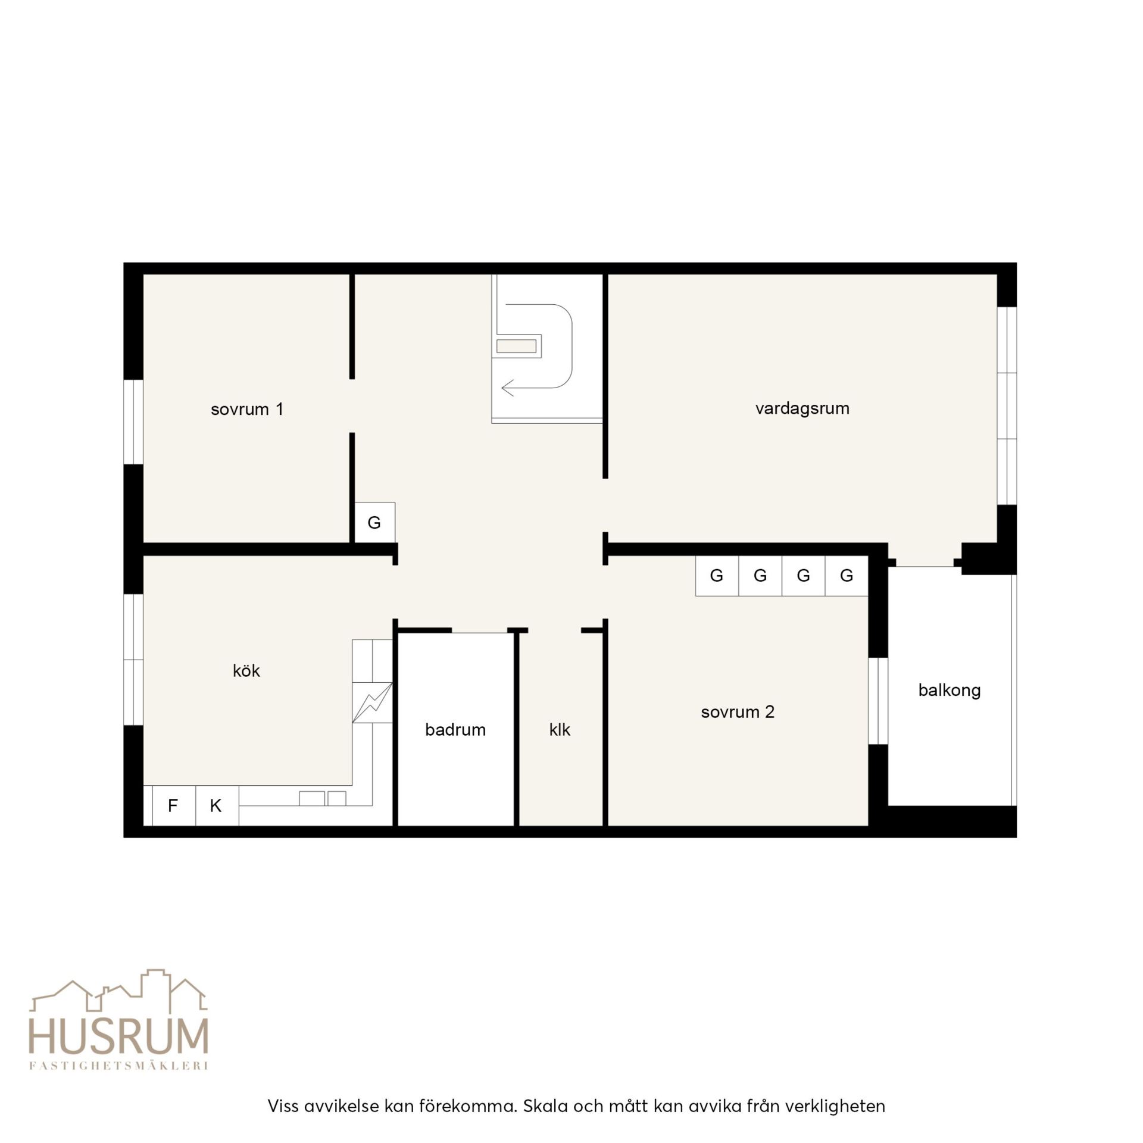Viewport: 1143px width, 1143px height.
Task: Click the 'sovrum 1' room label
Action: coord(247,409)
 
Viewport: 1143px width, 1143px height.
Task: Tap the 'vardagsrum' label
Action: coord(802,408)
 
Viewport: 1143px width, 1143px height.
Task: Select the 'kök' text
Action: coord(246,670)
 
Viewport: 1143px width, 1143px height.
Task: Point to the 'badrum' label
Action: coord(455,729)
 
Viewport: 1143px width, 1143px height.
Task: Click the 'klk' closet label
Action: coord(560,729)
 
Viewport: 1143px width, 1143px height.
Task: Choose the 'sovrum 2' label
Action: coord(738,712)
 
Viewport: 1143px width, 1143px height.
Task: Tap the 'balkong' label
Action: coord(950,691)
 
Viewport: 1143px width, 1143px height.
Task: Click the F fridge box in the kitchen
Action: coord(174,805)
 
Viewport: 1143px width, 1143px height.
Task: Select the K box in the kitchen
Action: coord(217,805)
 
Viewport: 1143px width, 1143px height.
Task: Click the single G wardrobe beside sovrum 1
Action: coord(374,522)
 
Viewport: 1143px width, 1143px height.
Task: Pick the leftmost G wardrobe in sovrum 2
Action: coord(717,576)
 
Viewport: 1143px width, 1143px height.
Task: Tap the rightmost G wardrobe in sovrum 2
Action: coord(847,576)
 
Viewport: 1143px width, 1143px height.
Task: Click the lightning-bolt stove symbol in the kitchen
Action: coord(373,702)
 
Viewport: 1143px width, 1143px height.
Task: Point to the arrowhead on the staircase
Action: coord(507,388)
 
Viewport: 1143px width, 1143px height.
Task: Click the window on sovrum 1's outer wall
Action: coord(133,421)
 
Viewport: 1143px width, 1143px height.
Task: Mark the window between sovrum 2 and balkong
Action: coord(878,701)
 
